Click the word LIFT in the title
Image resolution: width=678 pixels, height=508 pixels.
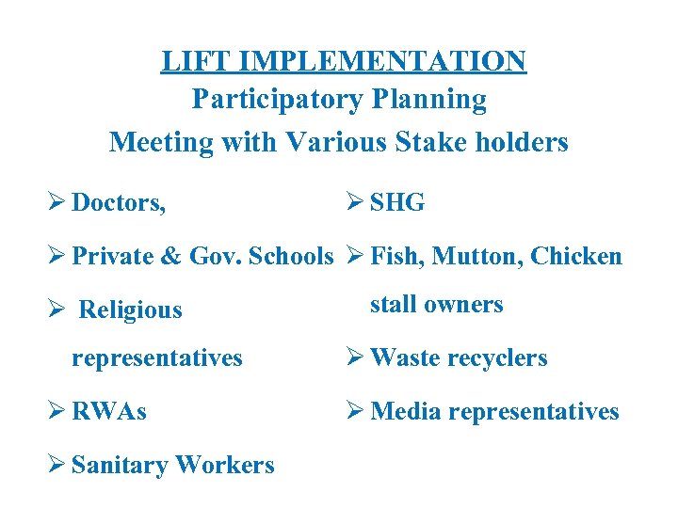tap(196, 61)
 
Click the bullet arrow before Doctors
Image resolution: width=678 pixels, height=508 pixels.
tap(57, 202)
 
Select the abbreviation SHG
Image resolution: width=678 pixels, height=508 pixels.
tap(397, 202)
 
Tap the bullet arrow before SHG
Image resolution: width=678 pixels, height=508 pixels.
tap(355, 202)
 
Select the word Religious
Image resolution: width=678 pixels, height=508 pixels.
tap(130, 310)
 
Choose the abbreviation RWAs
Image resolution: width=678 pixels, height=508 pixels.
tap(109, 412)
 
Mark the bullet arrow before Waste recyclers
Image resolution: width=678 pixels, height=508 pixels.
tap(355, 358)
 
